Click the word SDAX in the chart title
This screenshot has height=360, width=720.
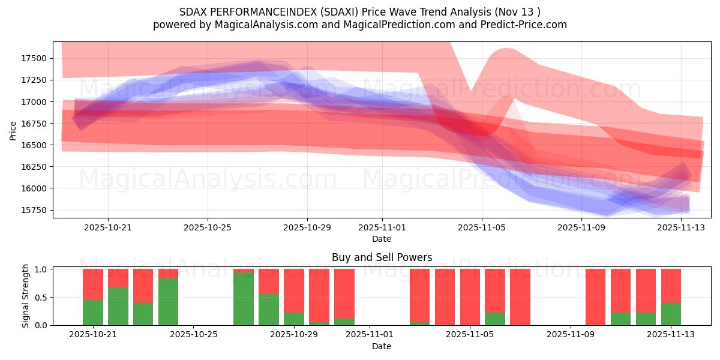pos(193,12)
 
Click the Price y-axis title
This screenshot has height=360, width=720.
pos(13,130)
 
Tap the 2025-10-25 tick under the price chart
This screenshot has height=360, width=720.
pos(208,228)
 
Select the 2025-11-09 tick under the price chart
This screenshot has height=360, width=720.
pos(581,228)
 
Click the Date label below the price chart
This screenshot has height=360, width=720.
pos(382,239)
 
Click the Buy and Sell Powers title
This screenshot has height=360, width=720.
pos(382,257)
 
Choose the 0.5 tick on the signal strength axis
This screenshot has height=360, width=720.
pos(41,298)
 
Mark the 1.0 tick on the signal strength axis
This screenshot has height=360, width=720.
pos(41,269)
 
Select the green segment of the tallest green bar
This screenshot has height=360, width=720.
pos(244,299)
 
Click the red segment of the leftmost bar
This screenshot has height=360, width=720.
pos(93,284)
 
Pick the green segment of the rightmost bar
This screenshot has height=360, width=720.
pos(671,314)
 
